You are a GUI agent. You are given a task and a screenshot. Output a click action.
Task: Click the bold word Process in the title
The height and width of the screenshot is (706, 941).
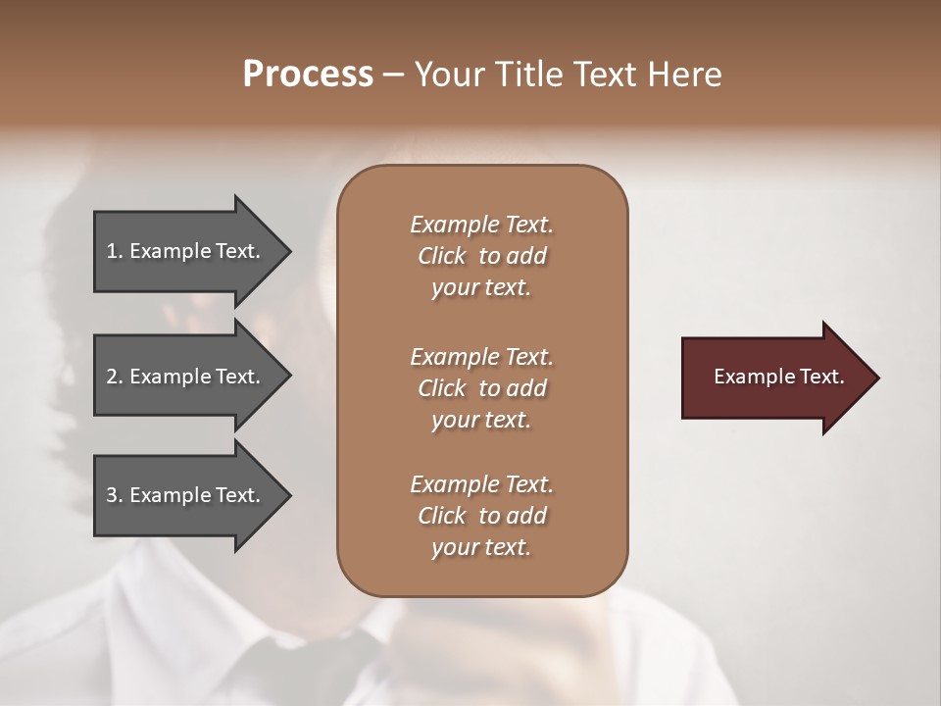pos(308,75)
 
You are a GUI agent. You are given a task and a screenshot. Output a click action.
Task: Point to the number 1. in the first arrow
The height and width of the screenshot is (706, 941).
pos(115,251)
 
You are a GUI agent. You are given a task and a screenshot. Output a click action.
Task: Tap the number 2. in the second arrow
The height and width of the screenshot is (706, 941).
pos(115,377)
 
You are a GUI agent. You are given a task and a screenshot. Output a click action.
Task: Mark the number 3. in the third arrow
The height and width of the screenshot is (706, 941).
pos(115,495)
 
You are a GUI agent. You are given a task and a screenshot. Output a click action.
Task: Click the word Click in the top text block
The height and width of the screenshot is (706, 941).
pos(442,256)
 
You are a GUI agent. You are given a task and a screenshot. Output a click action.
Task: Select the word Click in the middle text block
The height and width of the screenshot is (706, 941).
pos(442,388)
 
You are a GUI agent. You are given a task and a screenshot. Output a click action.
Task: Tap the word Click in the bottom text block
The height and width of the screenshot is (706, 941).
pos(442,516)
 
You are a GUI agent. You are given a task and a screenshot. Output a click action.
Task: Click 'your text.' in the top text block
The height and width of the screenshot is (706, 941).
pos(481,288)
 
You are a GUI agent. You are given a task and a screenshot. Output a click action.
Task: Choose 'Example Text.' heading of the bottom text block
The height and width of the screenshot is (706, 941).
pos(481,484)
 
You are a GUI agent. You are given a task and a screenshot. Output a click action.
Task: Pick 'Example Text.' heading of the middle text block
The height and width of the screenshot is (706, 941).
pos(481,357)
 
